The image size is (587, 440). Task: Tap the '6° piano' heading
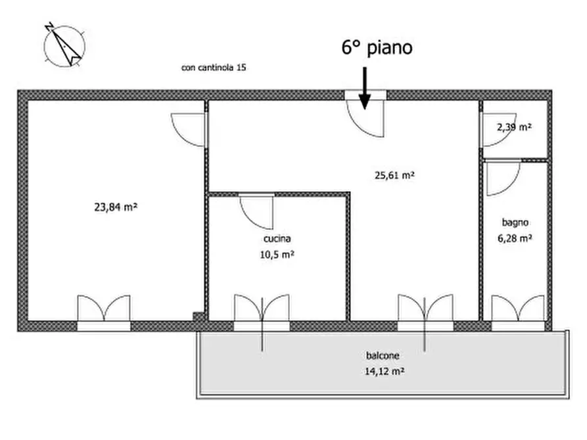click(377, 47)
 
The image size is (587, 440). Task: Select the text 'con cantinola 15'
click(214, 68)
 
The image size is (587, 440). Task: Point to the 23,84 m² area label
click(116, 207)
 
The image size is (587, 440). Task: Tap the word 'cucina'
click(276, 239)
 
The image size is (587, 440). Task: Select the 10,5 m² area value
click(276, 255)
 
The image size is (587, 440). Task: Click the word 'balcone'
click(383, 356)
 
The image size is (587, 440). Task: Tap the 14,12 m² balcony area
click(383, 371)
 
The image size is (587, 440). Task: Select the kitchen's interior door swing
click(256, 211)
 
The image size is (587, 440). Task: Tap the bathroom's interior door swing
click(503, 178)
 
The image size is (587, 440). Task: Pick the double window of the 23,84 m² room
click(104, 309)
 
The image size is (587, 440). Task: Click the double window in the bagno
click(518, 309)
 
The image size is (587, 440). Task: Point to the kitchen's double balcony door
click(262, 309)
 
